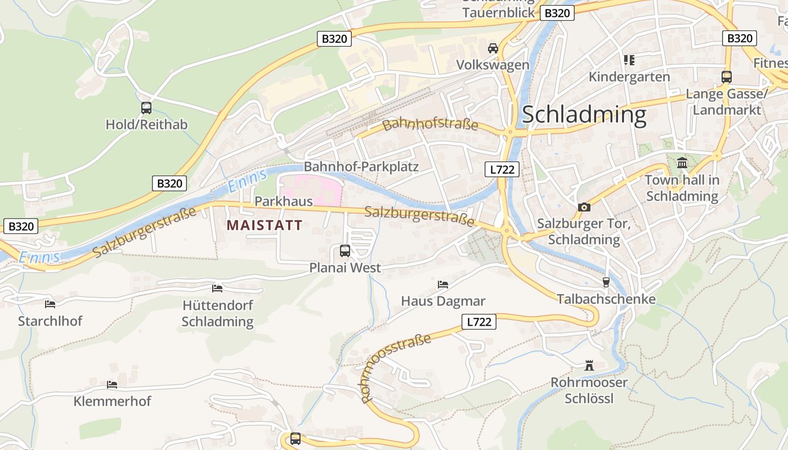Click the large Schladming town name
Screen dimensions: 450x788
click(584, 115)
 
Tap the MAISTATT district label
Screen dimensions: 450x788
click(265, 226)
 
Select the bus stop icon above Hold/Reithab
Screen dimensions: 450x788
click(146, 108)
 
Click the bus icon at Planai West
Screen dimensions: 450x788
click(345, 251)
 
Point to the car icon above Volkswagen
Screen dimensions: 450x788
click(493, 48)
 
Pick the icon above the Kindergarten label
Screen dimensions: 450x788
click(629, 60)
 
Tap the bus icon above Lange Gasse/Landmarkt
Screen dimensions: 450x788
click(727, 76)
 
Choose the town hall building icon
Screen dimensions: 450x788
click(682, 163)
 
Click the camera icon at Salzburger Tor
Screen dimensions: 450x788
click(584, 207)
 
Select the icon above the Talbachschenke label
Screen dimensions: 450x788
click(606, 282)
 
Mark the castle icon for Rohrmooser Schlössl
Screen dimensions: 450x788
click(589, 366)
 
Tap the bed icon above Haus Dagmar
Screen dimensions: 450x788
click(443, 285)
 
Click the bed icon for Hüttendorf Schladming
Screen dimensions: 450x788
click(217, 289)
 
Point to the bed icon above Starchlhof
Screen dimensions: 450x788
click(50, 304)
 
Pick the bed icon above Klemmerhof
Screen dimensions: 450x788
click(112, 385)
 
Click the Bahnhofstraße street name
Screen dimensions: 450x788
click(430, 125)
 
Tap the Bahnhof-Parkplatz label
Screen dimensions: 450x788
click(361, 167)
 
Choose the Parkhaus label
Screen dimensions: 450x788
click(284, 201)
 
